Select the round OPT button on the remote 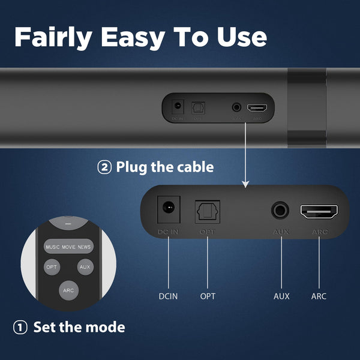click(x=52, y=266)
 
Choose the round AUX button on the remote click(x=85, y=266)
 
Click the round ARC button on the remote click(x=68, y=290)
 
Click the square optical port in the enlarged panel click(x=207, y=211)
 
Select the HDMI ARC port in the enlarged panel click(x=319, y=212)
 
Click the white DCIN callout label click(x=169, y=296)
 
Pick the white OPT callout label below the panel click(x=208, y=296)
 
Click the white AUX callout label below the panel click(x=281, y=296)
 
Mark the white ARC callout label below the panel click(x=319, y=296)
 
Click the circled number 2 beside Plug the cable click(x=104, y=167)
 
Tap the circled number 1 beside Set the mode click(x=20, y=328)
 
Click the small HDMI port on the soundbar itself click(x=258, y=109)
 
